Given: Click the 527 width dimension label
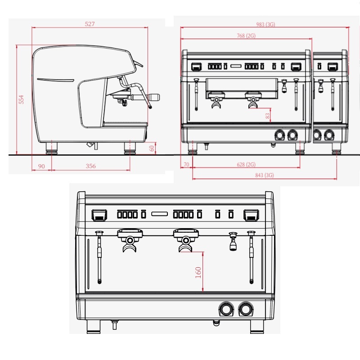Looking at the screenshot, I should pos(90,24).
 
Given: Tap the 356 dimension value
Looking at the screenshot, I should pos(90,166).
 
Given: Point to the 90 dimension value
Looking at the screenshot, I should pos(41,166).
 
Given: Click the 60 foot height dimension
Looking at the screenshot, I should pos(152,147).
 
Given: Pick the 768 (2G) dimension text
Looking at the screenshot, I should pos(246,36).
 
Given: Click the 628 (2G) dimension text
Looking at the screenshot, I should pos(246,165).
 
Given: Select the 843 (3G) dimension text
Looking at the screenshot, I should pos(264,175).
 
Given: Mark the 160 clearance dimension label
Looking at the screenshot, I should pos(198,272).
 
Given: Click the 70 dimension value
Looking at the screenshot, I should pos(186,165).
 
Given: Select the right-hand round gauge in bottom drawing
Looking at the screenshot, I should pos(246,309).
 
